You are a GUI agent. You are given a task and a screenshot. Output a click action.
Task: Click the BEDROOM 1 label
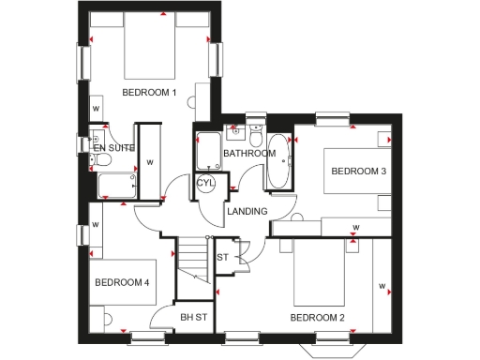[x=150, y=92]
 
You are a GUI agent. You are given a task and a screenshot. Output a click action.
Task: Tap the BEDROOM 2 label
[x=317, y=318]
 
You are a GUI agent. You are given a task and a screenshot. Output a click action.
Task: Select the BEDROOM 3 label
[x=358, y=171]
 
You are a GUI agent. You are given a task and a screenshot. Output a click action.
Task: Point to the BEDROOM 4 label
[x=122, y=282]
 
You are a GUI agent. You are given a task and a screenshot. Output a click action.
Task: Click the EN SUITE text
[x=114, y=147]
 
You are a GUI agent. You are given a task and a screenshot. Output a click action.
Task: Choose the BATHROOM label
[x=249, y=153]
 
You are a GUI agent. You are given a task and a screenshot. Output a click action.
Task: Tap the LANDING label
[x=248, y=211]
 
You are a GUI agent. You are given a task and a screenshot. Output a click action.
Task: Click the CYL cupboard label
[x=206, y=183]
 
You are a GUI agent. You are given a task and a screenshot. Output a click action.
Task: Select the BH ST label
[x=193, y=318]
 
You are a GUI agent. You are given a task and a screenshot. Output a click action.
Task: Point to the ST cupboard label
[x=222, y=257]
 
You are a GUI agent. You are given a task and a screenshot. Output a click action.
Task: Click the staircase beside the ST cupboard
[x=194, y=258]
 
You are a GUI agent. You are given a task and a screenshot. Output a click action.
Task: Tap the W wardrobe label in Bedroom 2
[x=381, y=286]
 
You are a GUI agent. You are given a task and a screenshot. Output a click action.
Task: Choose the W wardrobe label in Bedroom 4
[x=96, y=226]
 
